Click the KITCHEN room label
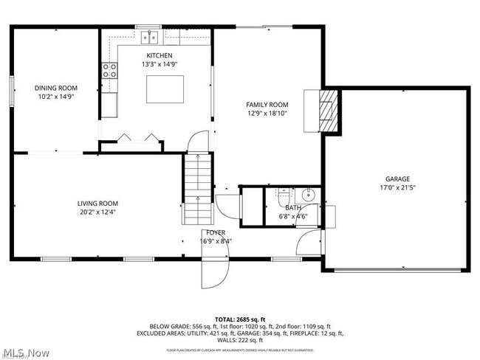pyautogui.click(x=159, y=56)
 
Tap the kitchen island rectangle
pyautogui.click(x=164, y=89)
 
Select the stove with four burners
pyautogui.click(x=109, y=71)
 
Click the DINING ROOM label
pyautogui.click(x=56, y=87)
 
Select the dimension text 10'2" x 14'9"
pyautogui.click(x=56, y=97)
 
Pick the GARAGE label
pyautogui.click(x=397, y=179)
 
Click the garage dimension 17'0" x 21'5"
pyautogui.click(x=397, y=187)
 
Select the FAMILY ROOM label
pyautogui.click(x=267, y=105)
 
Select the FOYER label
pyautogui.click(x=216, y=232)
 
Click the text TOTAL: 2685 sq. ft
pyautogui.click(x=239, y=317)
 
